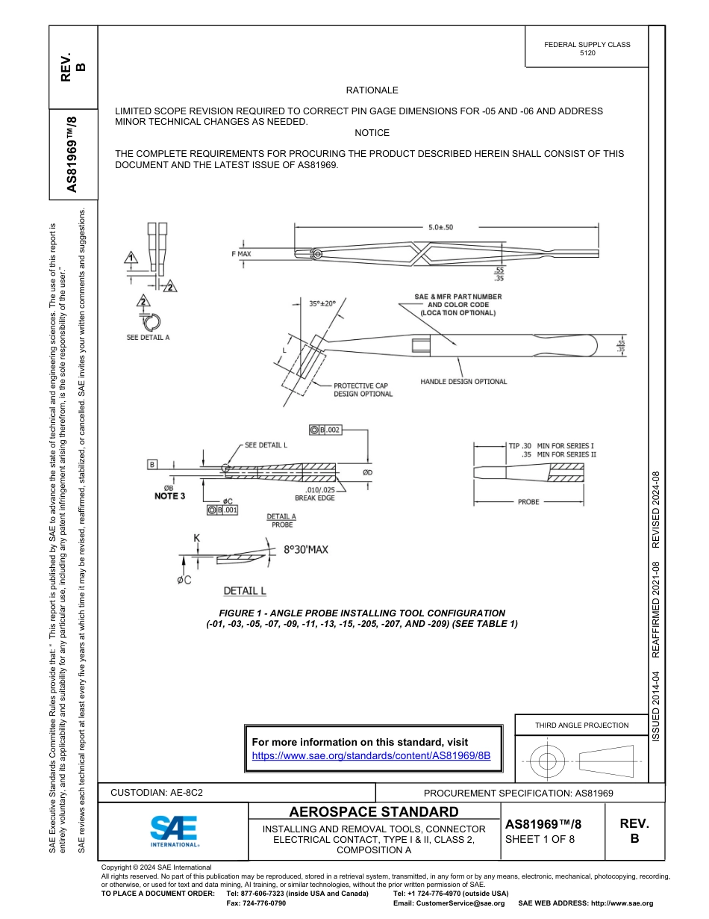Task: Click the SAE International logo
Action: coord(174,830)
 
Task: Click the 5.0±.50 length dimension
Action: coord(440,227)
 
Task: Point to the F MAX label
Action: coord(240,254)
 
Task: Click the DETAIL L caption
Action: coord(245,590)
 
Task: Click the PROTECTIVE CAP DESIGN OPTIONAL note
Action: coord(363,390)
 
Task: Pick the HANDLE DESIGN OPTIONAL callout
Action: coord(463,381)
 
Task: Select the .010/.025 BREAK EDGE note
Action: coord(314,494)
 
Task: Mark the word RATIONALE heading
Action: coord(372,90)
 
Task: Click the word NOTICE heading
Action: coord(372,133)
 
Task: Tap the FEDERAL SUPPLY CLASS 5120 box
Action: coord(587,49)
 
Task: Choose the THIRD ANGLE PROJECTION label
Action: coord(581,725)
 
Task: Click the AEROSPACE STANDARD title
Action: coord(373,812)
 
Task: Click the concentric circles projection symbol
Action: coord(548,761)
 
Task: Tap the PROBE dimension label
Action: coord(528,502)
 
